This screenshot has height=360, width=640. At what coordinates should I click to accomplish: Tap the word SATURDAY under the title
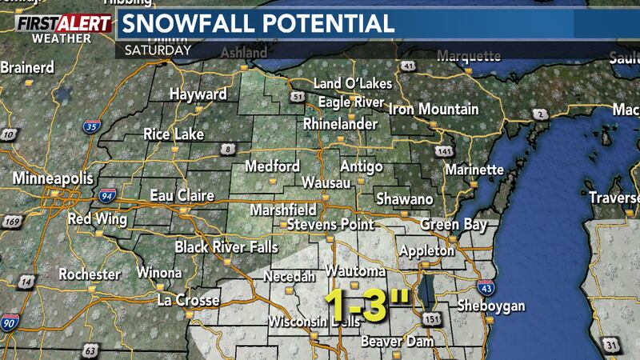click(x=158, y=50)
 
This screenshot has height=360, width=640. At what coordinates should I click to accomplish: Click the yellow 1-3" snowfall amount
click(x=367, y=305)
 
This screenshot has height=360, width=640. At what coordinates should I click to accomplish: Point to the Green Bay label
click(x=451, y=223)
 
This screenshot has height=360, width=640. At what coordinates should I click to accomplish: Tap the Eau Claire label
click(x=184, y=195)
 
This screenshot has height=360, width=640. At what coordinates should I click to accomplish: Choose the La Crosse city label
click(x=187, y=301)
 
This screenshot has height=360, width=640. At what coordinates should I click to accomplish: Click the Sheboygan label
click(x=491, y=306)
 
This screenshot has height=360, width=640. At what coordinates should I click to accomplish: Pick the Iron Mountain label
click(x=434, y=109)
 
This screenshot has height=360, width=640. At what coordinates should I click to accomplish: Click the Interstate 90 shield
click(x=10, y=322)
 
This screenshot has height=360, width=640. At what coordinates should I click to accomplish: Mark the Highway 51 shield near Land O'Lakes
click(x=299, y=98)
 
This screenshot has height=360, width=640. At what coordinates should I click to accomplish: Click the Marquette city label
click(x=468, y=56)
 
